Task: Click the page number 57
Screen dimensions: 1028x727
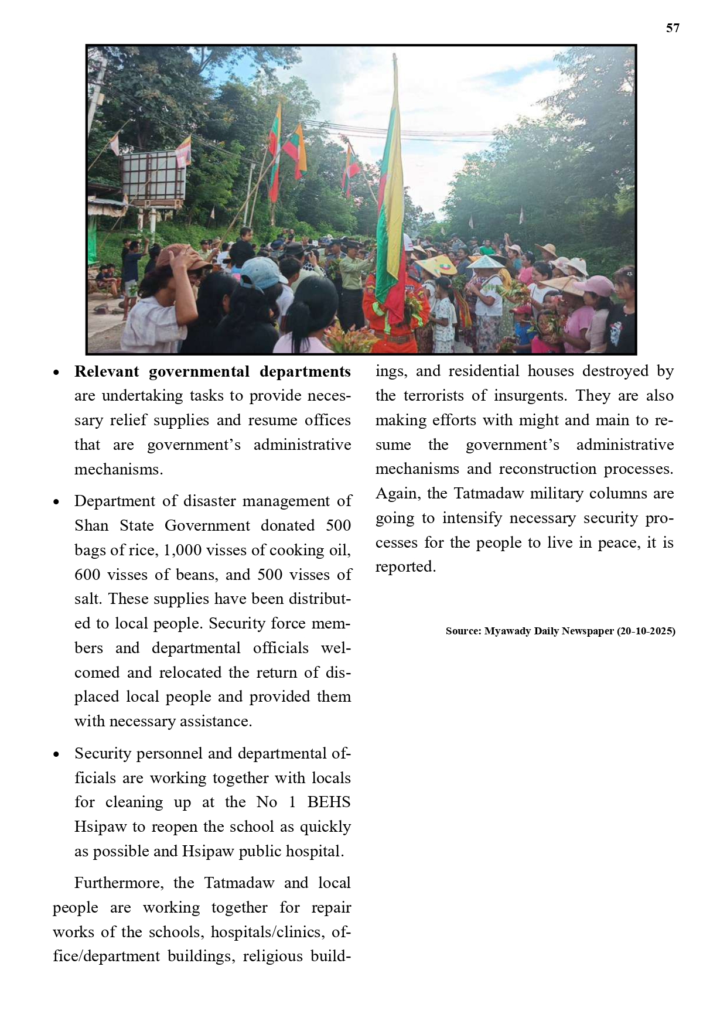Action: (673, 28)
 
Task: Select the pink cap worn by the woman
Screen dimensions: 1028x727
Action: (595, 285)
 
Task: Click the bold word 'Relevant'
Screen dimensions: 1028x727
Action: (107, 372)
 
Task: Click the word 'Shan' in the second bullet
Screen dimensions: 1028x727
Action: (91, 525)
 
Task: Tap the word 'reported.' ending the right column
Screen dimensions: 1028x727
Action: (405, 566)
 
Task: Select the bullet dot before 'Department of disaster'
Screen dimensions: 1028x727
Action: (56, 502)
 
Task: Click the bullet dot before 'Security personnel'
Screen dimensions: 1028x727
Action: (56, 754)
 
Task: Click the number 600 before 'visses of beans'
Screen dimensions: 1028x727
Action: (87, 575)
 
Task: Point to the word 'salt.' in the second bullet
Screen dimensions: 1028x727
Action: (89, 599)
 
